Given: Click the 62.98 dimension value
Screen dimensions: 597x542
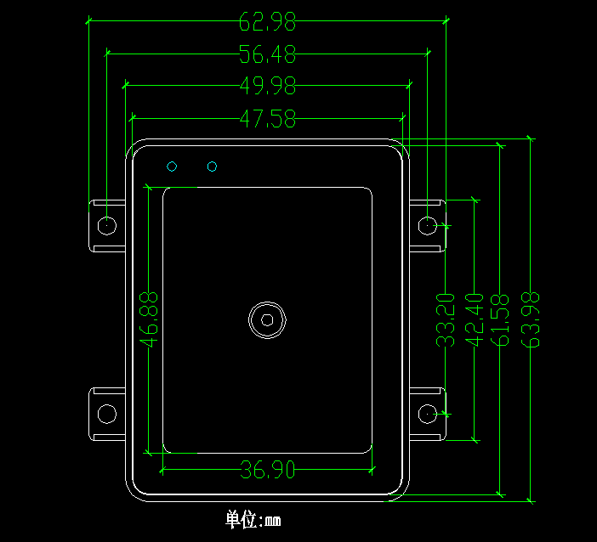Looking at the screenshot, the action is click(x=267, y=22).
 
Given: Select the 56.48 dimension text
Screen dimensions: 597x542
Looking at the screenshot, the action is click(x=267, y=54).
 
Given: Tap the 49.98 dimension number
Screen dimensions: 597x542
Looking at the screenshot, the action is click(x=268, y=86).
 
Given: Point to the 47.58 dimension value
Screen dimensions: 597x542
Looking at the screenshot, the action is click(x=268, y=118).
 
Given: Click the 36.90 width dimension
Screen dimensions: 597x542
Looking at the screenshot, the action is click(x=268, y=469).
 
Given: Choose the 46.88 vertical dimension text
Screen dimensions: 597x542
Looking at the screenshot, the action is click(x=149, y=319).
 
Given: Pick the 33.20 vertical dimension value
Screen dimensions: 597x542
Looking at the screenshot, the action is click(x=445, y=320).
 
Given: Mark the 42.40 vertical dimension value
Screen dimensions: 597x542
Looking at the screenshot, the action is click(x=474, y=320).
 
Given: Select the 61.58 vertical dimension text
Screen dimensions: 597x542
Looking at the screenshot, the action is click(x=500, y=320).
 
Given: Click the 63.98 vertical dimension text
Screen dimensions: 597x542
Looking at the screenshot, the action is click(x=531, y=320).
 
